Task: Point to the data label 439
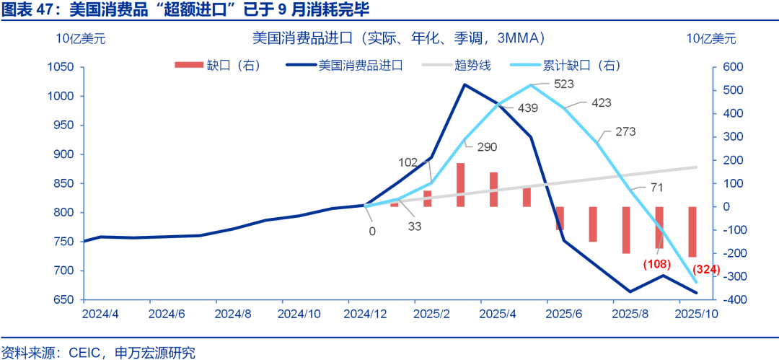(527, 108)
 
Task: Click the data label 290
(487, 146)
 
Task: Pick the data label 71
(656, 188)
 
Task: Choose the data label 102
(408, 162)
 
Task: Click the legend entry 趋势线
(473, 66)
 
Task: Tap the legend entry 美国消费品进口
(361, 66)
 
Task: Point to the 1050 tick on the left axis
(61, 67)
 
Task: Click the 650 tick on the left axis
(65, 300)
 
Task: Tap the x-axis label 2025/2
(431, 315)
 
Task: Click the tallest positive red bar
(460, 185)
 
